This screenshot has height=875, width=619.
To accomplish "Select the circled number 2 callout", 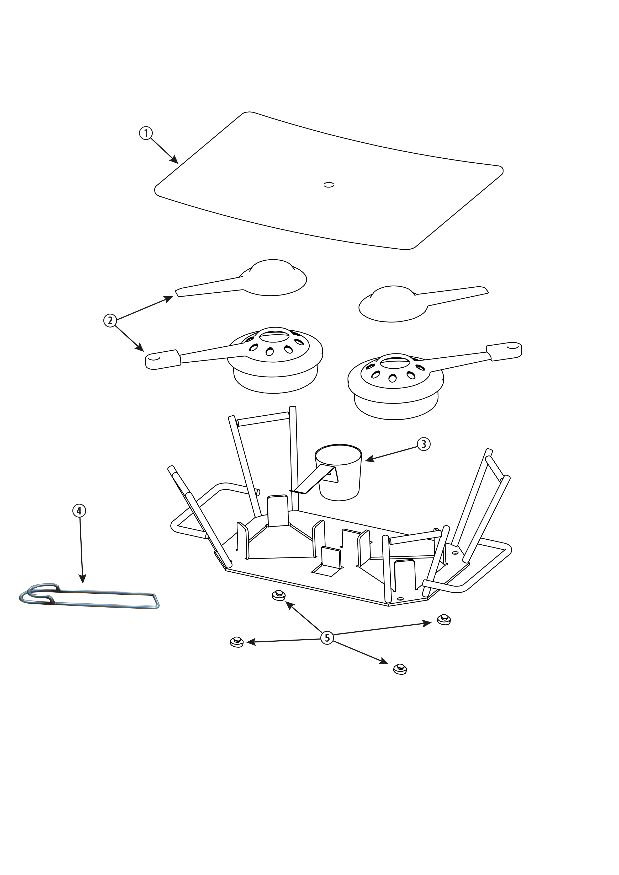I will (110, 320).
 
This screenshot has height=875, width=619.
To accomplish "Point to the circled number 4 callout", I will (79, 511).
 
